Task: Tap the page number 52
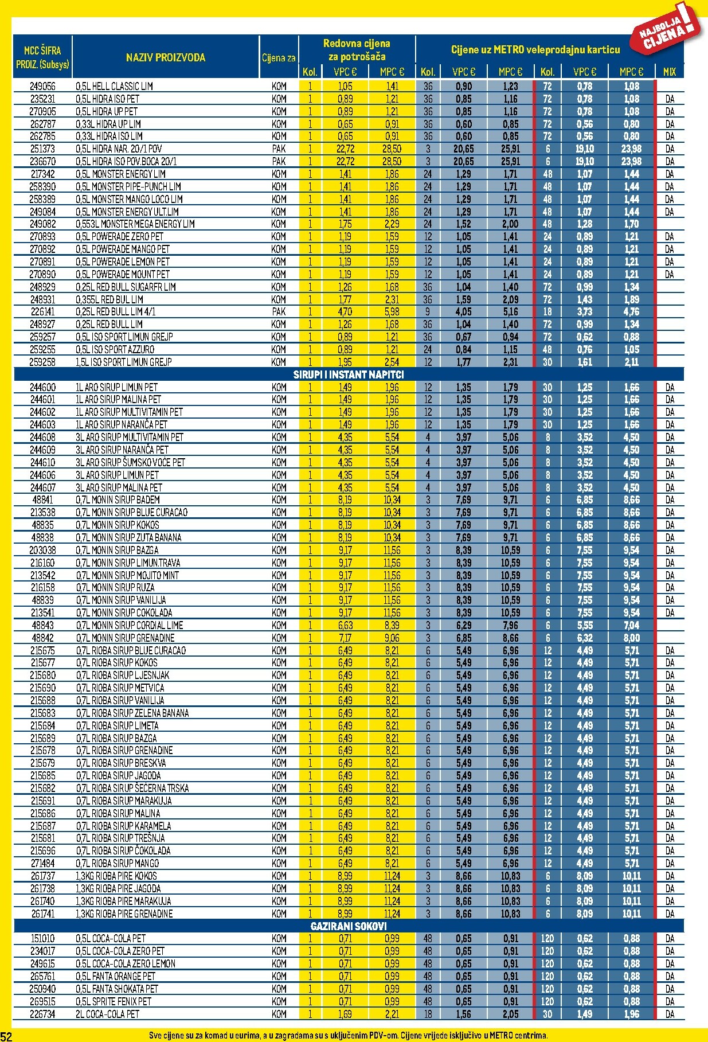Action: (6, 1036)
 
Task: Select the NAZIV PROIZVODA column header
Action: (166, 57)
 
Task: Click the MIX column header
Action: (670, 72)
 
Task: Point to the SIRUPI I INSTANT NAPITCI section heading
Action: (349, 374)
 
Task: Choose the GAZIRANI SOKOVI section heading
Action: (349, 926)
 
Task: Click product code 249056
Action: (43, 86)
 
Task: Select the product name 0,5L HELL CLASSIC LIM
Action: (114, 86)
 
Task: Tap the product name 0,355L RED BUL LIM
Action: (109, 299)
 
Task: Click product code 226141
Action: (43, 312)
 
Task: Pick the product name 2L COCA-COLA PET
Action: (108, 1014)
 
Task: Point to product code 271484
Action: (43, 864)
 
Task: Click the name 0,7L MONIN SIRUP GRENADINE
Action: (126, 638)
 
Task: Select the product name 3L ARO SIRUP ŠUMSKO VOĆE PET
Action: (131, 462)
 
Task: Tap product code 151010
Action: (43, 939)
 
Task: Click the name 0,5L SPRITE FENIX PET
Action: (114, 1001)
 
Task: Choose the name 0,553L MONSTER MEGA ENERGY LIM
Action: (135, 224)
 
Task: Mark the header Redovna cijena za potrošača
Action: (357, 50)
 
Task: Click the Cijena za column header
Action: (279, 57)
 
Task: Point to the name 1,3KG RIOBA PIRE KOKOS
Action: (116, 876)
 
